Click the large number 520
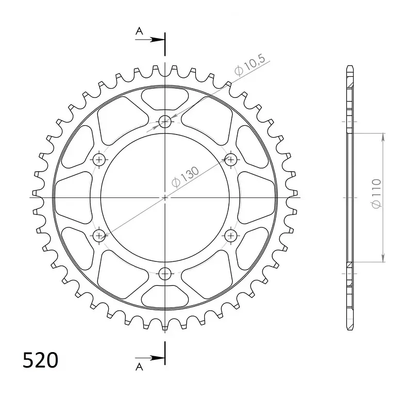tap(41, 360)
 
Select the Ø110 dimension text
tap(376, 194)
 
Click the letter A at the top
tap(139, 31)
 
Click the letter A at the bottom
tap(139, 367)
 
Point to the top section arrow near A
tap(150, 40)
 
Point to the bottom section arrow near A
tap(150, 358)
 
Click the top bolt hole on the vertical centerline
tap(165, 122)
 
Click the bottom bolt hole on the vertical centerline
tap(165, 274)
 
